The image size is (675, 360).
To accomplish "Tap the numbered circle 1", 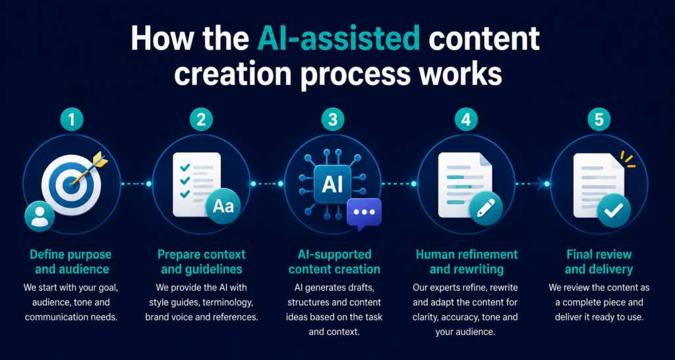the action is (x=71, y=120).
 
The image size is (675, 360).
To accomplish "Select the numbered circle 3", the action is (x=333, y=120).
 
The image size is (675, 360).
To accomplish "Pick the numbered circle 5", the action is (x=599, y=120).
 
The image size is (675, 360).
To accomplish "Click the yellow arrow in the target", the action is (x=90, y=169).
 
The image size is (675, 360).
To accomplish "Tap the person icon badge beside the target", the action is (x=40, y=216).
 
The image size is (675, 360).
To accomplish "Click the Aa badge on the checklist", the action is (x=223, y=206).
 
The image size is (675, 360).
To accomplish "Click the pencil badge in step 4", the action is (x=486, y=208).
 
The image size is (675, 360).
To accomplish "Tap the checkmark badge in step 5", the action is (x=614, y=210).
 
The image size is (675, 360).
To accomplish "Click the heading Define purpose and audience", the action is (x=70, y=261).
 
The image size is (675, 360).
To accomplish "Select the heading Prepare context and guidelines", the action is (x=202, y=261).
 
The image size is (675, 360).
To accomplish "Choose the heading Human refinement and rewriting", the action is (x=467, y=261).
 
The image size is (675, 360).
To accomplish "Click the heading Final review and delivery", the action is (x=599, y=261).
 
